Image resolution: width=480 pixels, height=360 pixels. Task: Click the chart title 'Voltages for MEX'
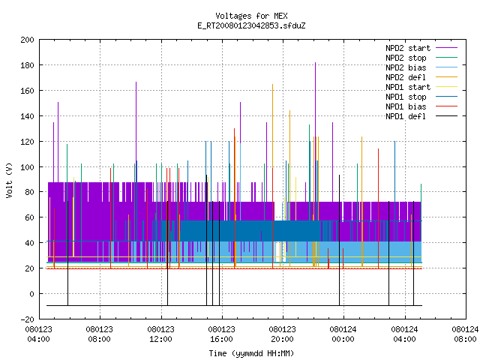[x=251, y=16]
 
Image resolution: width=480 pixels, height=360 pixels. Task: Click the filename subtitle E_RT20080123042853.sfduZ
[x=251, y=25]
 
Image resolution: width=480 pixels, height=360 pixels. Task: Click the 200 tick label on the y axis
[x=27, y=40]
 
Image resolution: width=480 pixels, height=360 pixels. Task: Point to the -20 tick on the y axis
[x=27, y=319]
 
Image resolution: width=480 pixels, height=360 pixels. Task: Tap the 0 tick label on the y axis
[x=31, y=294]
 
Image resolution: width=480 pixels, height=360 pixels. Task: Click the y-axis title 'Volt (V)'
[x=9, y=180]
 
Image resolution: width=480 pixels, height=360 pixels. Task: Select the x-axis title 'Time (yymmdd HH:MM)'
[x=251, y=353]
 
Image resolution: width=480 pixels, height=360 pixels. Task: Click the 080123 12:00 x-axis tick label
[x=160, y=334]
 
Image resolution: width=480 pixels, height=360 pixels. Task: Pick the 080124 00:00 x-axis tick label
[x=343, y=334]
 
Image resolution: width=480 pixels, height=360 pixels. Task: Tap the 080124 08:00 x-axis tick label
[x=465, y=334]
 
